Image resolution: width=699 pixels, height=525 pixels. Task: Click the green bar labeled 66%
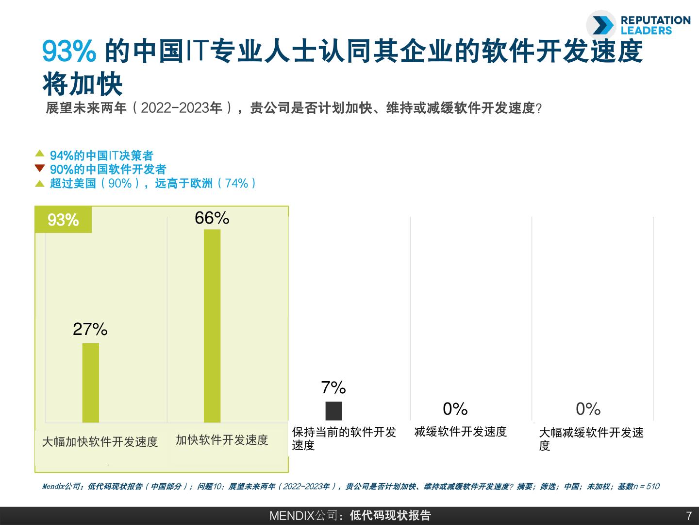tap(212, 326)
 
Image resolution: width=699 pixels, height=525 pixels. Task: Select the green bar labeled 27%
tap(91, 383)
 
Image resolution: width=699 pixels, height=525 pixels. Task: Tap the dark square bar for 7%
tap(333, 411)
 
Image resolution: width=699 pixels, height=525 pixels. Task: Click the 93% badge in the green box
tap(63, 220)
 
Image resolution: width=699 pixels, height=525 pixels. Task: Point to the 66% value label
tap(212, 218)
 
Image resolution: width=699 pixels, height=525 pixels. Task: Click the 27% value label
tap(90, 330)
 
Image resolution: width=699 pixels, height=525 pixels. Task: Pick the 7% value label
tap(333, 387)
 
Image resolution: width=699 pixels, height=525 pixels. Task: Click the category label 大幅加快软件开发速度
tap(100, 441)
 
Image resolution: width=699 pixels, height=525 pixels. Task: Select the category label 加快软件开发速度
tap(222, 440)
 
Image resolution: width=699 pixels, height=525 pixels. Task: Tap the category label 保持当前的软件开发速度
tap(344, 438)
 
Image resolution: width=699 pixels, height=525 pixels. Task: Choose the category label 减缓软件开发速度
tap(460, 431)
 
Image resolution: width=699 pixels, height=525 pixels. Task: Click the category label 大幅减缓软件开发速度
tap(591, 438)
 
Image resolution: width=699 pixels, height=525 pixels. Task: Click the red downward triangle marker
tap(40, 168)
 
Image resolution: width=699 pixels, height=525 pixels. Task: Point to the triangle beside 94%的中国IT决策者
tap(40, 154)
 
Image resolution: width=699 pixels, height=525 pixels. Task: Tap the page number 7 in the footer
tap(688, 516)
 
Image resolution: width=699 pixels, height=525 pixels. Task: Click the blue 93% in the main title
tap(69, 52)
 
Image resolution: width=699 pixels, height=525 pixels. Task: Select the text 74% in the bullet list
tap(237, 183)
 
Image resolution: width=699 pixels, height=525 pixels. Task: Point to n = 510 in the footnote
tap(647, 487)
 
